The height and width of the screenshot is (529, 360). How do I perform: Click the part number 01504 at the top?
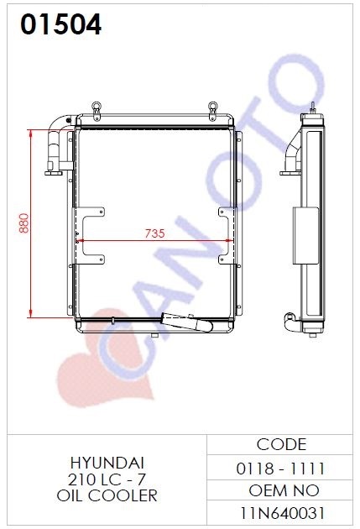(x=60, y=24)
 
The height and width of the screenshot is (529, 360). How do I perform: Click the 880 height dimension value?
(x=24, y=223)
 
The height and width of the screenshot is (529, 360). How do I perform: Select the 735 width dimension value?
(x=154, y=233)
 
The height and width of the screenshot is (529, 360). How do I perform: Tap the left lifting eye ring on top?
(x=96, y=107)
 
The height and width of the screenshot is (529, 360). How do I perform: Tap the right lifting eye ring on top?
(x=212, y=107)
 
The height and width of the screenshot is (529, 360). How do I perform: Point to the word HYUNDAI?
(x=107, y=463)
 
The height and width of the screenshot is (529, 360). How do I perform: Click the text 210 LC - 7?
(x=107, y=479)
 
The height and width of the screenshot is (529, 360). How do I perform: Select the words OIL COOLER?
(x=107, y=495)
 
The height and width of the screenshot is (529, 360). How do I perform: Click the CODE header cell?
(x=281, y=444)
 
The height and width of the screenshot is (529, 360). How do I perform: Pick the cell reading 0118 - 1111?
(x=280, y=469)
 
